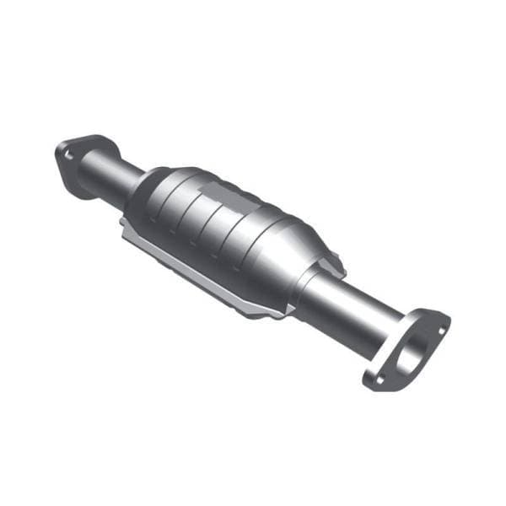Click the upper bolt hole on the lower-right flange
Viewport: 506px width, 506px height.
pos(437,320)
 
